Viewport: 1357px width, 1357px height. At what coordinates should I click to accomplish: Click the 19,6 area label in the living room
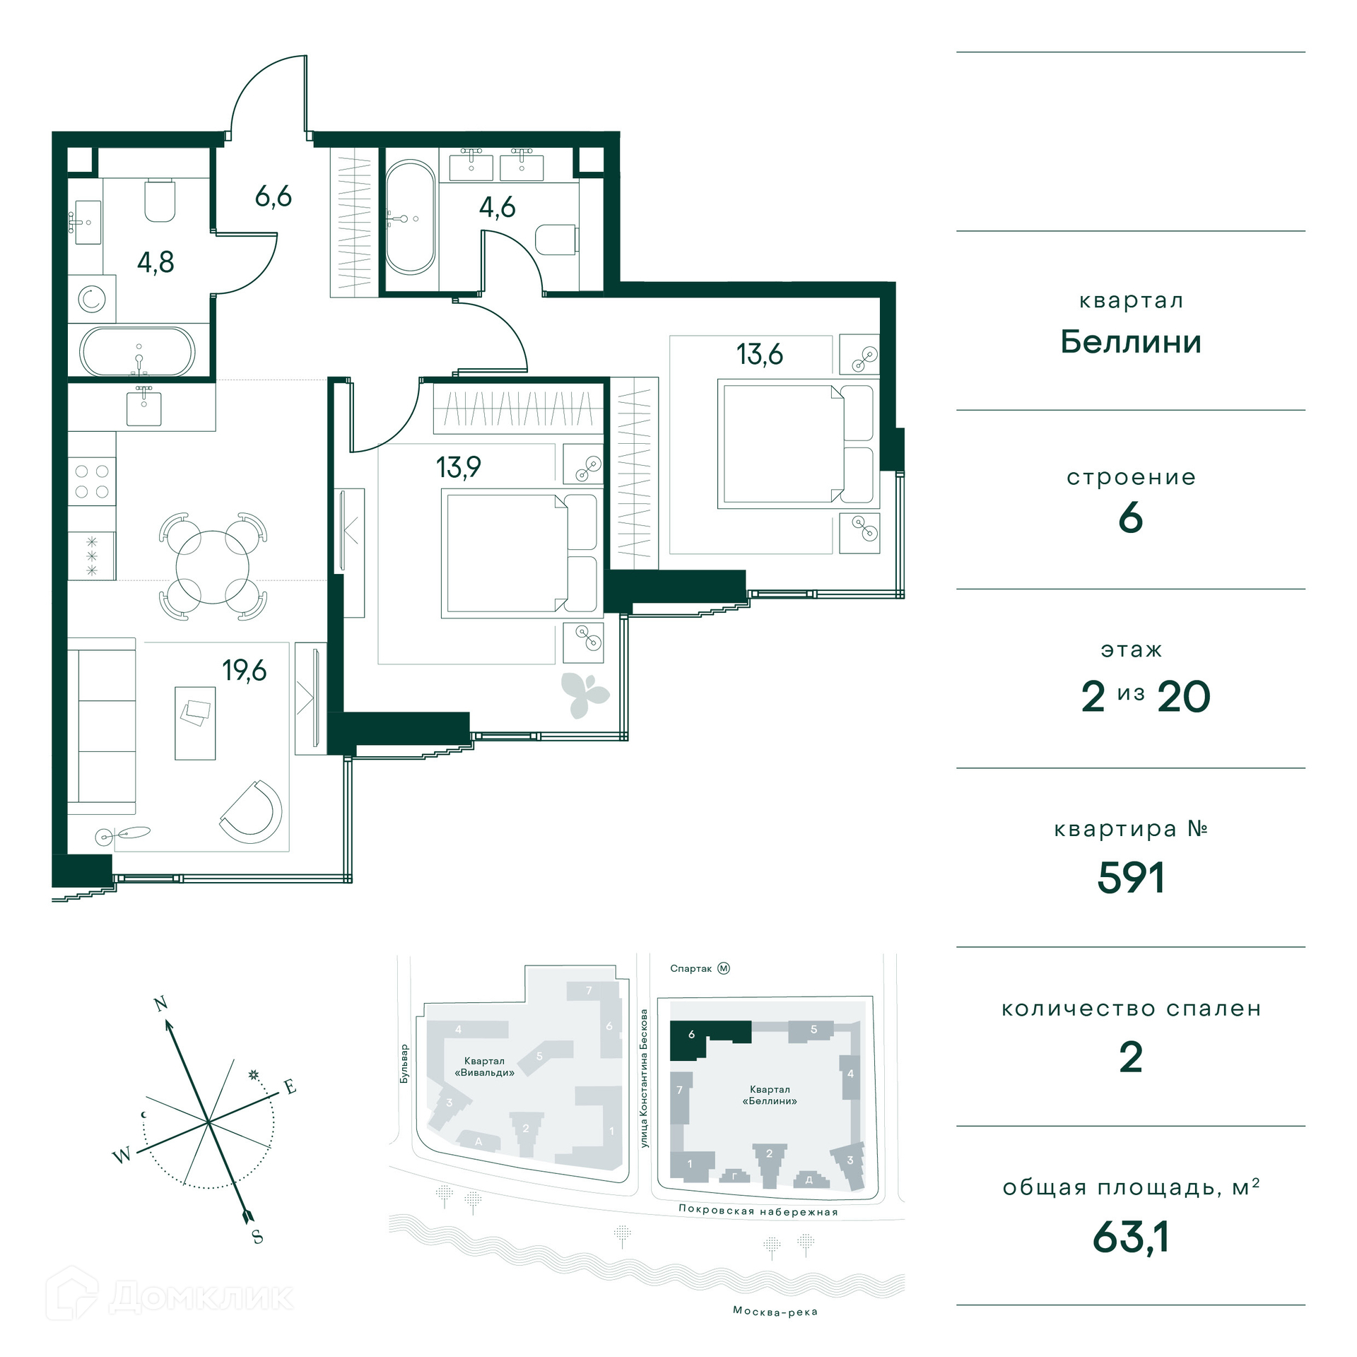245,670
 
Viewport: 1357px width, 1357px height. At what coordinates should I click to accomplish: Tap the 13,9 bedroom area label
458,467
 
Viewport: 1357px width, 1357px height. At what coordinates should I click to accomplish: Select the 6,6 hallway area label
273,196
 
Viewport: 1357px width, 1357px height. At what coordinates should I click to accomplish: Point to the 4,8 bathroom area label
155,262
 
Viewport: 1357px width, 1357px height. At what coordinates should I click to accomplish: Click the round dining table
212,568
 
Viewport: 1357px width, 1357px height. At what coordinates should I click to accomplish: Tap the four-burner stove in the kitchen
92,481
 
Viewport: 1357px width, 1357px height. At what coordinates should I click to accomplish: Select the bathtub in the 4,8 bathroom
137,351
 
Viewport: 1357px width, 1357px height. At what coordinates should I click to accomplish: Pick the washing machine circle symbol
91,300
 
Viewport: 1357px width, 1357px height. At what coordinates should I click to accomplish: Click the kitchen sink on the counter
144,408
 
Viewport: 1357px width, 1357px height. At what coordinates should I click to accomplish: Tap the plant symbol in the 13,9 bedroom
584,695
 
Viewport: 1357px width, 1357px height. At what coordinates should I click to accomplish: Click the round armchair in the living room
252,811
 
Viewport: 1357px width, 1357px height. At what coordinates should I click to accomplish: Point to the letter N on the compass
161,1004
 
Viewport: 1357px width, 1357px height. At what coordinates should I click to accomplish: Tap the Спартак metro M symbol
724,968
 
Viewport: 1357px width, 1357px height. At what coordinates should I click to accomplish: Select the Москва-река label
775,1312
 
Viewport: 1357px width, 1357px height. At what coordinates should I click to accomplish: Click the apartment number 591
1131,879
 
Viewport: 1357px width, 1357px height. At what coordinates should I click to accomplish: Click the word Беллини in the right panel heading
1131,342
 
